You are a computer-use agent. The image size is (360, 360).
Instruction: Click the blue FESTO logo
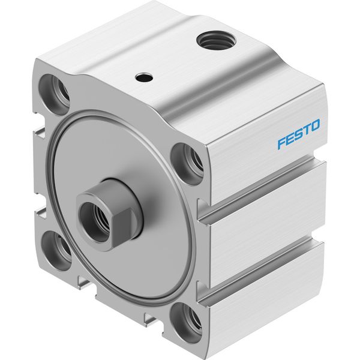point(298,134)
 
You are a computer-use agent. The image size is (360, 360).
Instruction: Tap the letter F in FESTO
point(282,143)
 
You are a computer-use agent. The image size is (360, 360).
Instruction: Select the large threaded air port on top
point(217,41)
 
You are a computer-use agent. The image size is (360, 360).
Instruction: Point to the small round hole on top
point(144,77)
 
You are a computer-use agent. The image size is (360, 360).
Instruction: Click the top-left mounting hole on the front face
point(55,91)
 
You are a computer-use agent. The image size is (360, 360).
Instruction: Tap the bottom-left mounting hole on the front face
point(56,250)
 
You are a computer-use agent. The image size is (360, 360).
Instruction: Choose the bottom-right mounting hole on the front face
point(186,323)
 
